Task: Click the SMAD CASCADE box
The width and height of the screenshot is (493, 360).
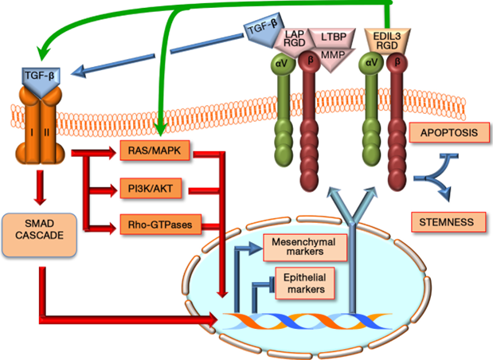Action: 39,234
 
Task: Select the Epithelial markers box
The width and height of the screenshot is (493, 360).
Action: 302,283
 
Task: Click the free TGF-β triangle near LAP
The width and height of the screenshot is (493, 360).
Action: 262,29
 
